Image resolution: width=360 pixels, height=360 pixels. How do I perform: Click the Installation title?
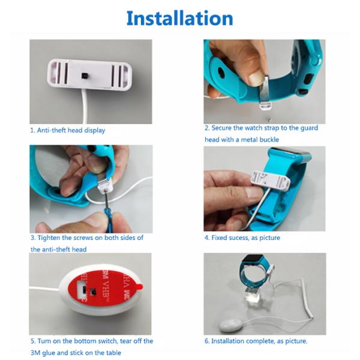pyautogui.click(x=180, y=18)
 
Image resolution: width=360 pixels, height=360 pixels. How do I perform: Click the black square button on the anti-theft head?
pyautogui.click(x=85, y=75)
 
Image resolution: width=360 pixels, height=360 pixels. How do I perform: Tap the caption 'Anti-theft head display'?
pyautogui.click(x=71, y=130)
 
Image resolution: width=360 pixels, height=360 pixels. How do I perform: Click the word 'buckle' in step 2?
pyautogui.click(x=269, y=139)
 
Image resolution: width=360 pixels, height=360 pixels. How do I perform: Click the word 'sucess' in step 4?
pyautogui.click(x=238, y=238)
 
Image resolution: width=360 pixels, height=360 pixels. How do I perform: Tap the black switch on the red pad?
pyautogui.click(x=93, y=292)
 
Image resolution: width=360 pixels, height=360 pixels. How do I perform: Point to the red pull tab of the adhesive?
pyautogui.click(x=139, y=287)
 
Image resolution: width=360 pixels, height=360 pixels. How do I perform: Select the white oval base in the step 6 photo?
pyautogui.click(x=230, y=325)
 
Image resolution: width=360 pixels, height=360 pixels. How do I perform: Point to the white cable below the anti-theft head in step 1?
pyautogui.click(x=85, y=107)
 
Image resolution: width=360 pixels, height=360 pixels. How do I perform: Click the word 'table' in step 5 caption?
pyautogui.click(x=113, y=353)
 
